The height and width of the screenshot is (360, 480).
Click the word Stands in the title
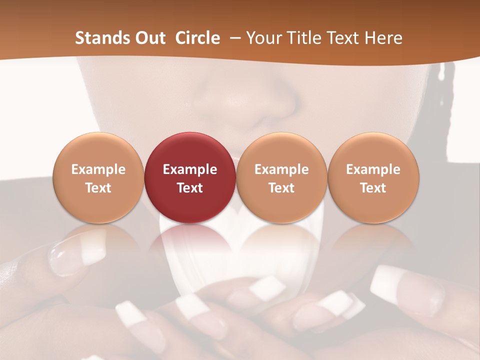tap(100, 38)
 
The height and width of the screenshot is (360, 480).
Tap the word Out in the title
tap(148, 38)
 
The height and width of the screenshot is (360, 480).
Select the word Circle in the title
tap(197, 38)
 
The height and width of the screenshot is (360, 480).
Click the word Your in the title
tap(264, 38)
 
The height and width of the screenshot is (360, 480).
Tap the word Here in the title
tap(383, 38)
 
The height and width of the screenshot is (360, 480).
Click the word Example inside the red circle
tap(190, 169)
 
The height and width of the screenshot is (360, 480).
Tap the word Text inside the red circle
tap(190, 188)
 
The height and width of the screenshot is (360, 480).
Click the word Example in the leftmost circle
tap(98, 169)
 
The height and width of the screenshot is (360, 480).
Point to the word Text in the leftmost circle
tap(98, 188)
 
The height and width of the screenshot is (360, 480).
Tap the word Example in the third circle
tap(281, 169)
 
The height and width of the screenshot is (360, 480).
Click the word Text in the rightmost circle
tap(373, 188)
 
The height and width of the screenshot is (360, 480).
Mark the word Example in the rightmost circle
tap(373, 169)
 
